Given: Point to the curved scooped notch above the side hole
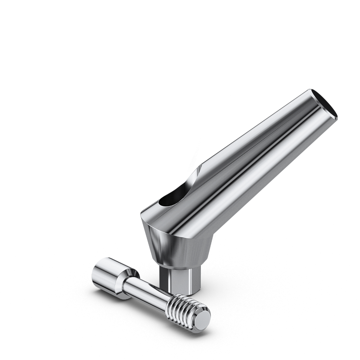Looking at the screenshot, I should click(192, 180).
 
